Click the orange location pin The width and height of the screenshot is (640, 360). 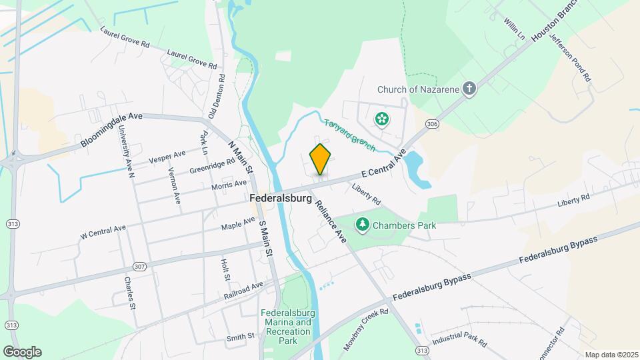(320, 159)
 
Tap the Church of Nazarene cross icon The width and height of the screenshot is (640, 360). (470, 89)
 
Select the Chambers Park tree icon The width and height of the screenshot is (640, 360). (363, 225)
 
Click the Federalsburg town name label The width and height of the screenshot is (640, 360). (281, 199)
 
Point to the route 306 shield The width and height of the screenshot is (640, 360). (432, 124)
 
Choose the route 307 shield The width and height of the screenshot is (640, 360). (139, 267)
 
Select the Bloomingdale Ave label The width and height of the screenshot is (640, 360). (111, 129)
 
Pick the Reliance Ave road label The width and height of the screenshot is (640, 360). (331, 220)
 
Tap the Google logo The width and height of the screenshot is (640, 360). (22, 351)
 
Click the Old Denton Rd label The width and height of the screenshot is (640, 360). (217, 96)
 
